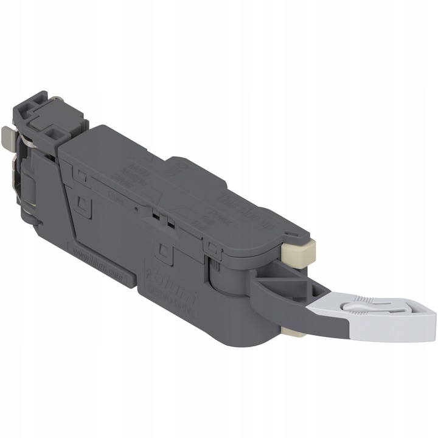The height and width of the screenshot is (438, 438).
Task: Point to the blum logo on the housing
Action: pos(174,287)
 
